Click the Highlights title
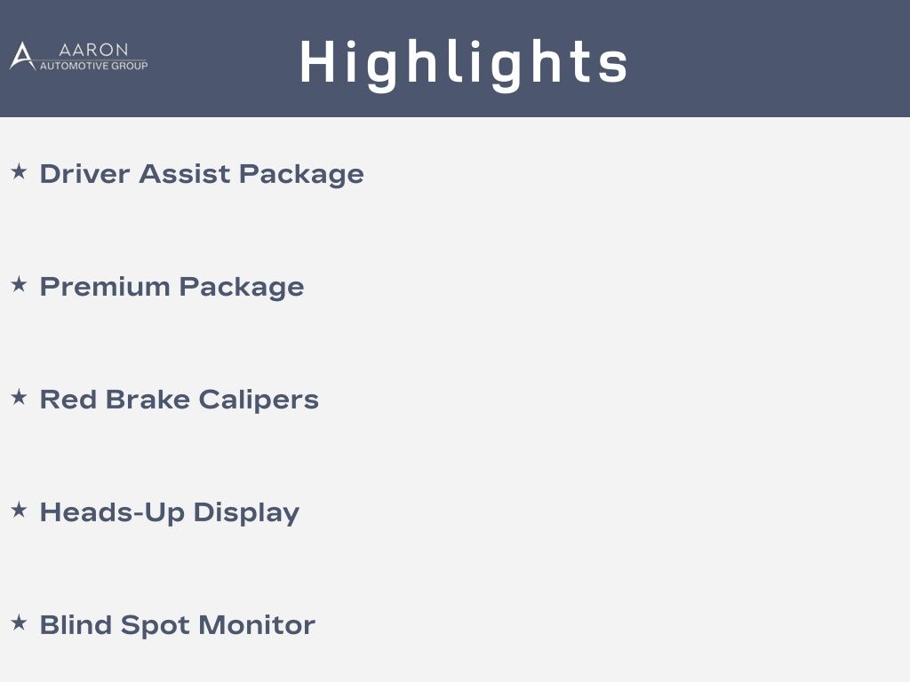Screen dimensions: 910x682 [x=464, y=64]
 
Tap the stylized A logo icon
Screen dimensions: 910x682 [x=22, y=56]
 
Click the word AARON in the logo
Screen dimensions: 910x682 [x=93, y=50]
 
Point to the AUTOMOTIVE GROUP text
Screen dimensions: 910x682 [x=93, y=66]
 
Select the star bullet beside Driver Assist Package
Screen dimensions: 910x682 [x=20, y=171]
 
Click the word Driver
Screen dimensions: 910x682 [x=84, y=174]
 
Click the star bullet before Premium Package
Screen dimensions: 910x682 [x=20, y=284]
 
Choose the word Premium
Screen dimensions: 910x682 [x=105, y=287]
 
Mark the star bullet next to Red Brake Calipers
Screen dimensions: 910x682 [x=20, y=397]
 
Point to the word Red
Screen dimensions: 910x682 [x=68, y=400]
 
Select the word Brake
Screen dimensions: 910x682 [x=148, y=400]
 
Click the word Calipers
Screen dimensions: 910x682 [x=259, y=400]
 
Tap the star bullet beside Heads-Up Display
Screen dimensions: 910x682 [x=20, y=510]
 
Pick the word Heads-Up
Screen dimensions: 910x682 [x=112, y=513]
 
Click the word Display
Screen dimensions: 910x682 [x=246, y=513]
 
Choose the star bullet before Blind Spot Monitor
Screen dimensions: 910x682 [x=20, y=623]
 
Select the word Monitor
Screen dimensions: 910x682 [x=257, y=625]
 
